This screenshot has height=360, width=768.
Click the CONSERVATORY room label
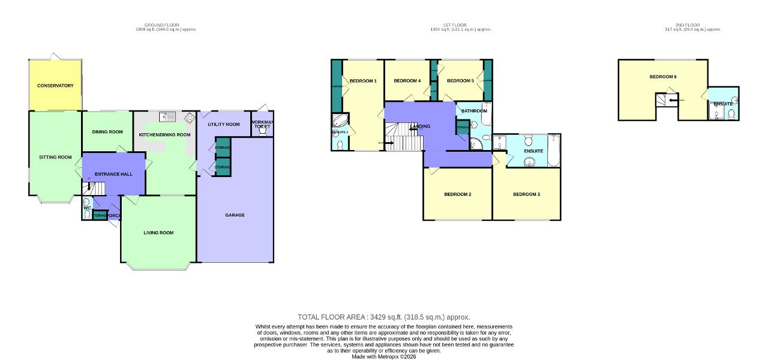pos(55,86)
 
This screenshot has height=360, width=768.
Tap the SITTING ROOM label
pos(55,157)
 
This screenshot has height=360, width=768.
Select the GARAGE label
pos(235,215)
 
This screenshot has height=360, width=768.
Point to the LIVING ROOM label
pos(158,233)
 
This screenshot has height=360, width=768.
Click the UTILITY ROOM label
pos(223,124)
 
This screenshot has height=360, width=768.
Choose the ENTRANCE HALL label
pos(113,174)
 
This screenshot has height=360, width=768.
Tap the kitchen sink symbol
pos(166,117)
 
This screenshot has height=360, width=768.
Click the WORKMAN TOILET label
pos(262,125)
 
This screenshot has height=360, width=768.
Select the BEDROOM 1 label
pos(363,81)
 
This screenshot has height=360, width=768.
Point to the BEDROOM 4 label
pos(407,81)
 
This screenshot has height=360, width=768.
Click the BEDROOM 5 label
pos(460,81)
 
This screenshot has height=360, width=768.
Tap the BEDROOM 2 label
pos(457,194)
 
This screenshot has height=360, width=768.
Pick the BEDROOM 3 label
pos(526,194)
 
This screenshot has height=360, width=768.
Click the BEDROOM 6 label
pos(663,77)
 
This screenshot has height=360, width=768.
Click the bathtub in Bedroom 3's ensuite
pos(553,150)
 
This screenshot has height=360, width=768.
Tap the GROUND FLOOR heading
pos(161,25)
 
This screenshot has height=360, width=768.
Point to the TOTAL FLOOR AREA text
pos(383,317)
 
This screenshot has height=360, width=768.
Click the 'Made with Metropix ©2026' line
pos(383,356)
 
